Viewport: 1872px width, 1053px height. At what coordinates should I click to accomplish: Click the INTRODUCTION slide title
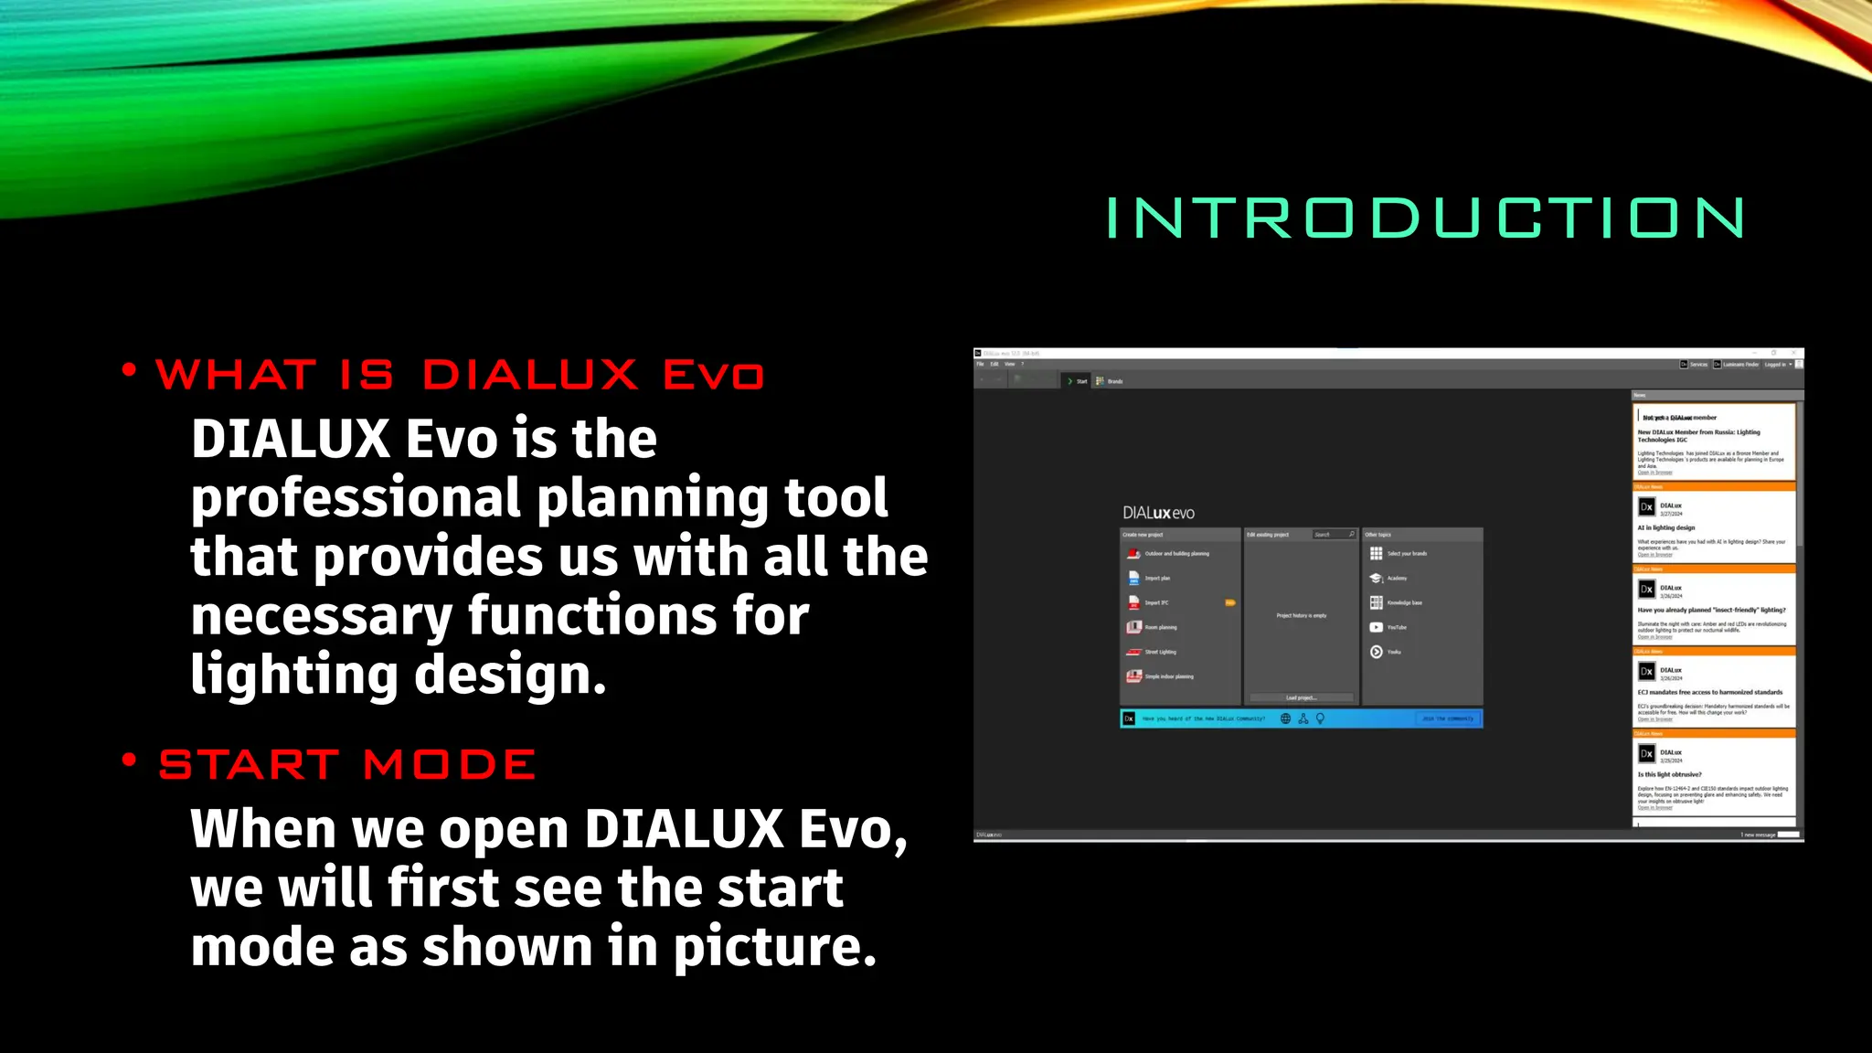[1424, 218]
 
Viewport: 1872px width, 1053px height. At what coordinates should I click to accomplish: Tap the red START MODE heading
[347, 764]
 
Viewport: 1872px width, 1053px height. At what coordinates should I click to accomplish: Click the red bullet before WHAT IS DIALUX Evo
[129, 370]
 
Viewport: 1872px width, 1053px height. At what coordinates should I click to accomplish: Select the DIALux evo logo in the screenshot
[1158, 513]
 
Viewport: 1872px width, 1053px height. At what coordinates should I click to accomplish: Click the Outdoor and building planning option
[1176, 554]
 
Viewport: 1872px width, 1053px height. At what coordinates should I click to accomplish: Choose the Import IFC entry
[1156, 603]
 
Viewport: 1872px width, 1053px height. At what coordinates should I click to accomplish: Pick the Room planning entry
[1160, 628]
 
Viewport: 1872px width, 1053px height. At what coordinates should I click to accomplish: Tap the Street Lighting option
[1160, 653]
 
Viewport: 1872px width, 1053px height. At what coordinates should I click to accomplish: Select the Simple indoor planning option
[1168, 677]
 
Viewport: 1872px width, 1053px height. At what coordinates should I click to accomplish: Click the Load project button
[1301, 697]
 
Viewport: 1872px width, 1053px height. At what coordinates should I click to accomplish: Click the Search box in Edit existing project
[1333, 535]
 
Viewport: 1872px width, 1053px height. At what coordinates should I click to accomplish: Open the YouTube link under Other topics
[1396, 628]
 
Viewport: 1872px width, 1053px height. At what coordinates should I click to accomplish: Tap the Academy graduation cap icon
[1376, 579]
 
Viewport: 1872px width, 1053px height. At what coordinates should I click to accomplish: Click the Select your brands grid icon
[1376, 554]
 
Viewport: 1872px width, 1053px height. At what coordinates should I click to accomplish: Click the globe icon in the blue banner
[1285, 719]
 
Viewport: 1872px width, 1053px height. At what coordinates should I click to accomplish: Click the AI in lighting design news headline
[1665, 528]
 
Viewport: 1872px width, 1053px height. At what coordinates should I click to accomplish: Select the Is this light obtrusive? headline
[1669, 774]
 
